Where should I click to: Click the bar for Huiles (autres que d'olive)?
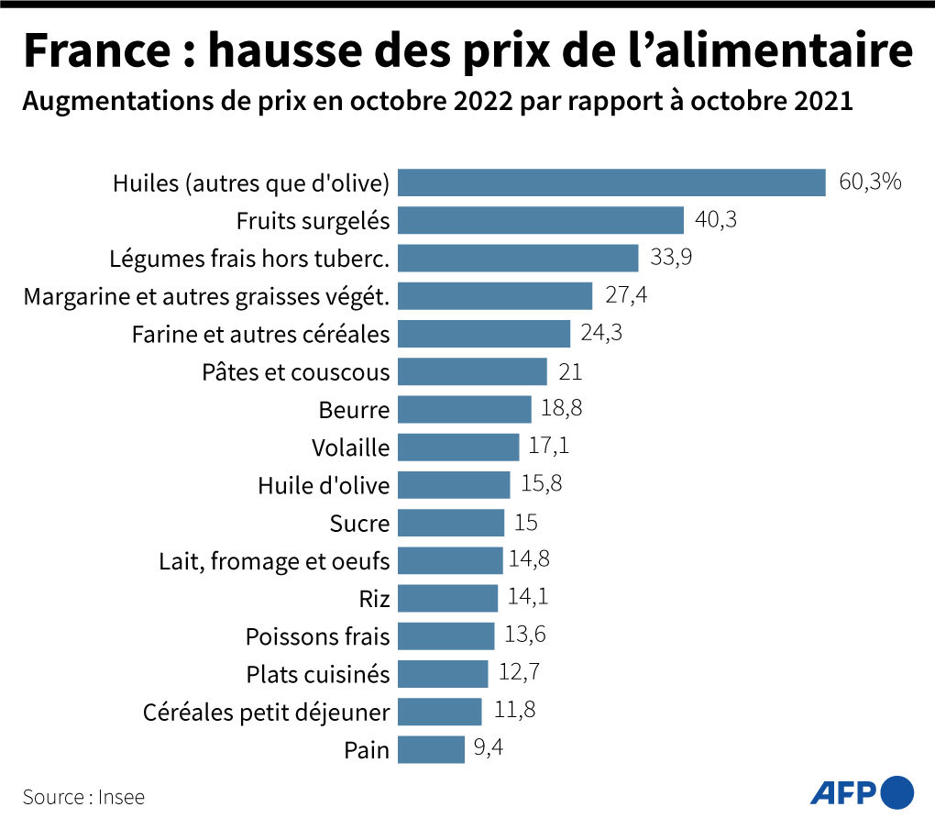click(x=611, y=182)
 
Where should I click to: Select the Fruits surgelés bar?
click(x=541, y=220)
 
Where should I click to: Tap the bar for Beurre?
click(x=465, y=409)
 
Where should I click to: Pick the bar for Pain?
click(x=432, y=749)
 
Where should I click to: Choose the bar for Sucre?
click(x=451, y=523)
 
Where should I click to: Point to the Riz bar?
click(x=448, y=599)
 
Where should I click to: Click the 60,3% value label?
click(x=870, y=182)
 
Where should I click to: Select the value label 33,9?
click(x=671, y=257)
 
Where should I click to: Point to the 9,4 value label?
click(x=488, y=748)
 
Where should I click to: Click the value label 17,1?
click(x=550, y=447)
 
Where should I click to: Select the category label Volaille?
click(x=350, y=448)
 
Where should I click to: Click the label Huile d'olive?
click(x=324, y=485)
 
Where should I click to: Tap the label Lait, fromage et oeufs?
click(x=274, y=560)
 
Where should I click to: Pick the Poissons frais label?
click(x=317, y=636)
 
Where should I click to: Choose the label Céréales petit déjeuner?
click(x=266, y=712)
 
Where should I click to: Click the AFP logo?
click(x=862, y=790)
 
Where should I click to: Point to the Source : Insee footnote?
click(x=83, y=797)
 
